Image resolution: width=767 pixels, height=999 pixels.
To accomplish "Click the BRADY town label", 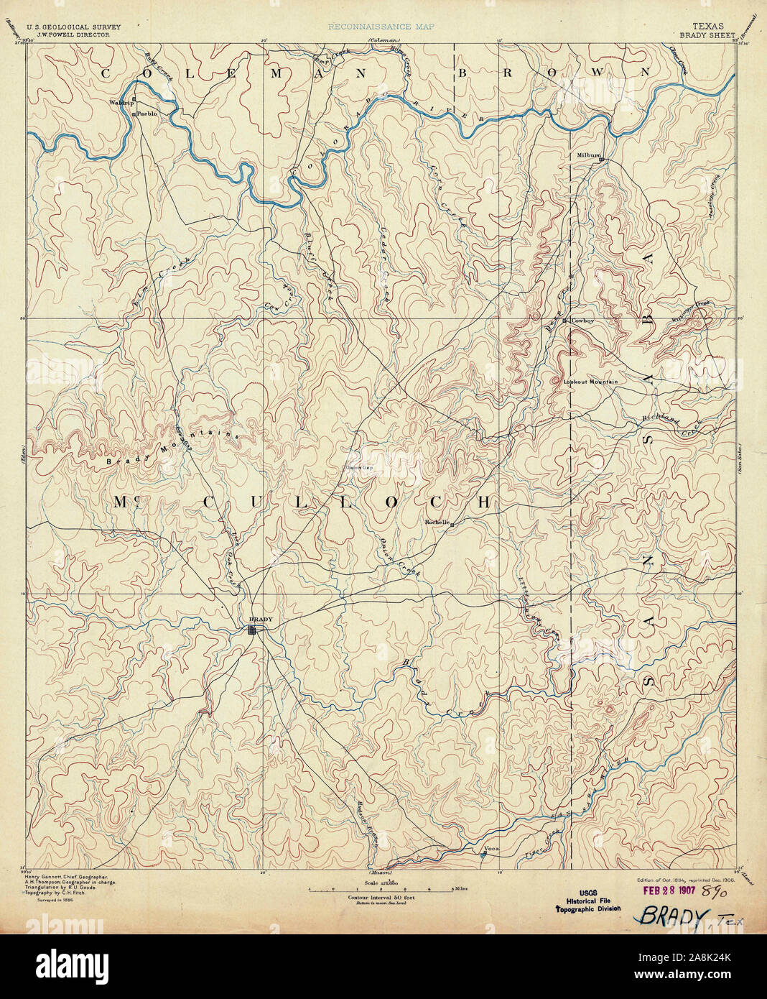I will (256, 620).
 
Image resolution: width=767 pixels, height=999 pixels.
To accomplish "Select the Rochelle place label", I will (436, 522).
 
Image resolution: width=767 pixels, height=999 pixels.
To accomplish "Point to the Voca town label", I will (491, 849).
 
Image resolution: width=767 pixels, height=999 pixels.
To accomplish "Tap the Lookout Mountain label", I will (590, 382).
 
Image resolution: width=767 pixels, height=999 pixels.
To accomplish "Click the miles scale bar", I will (381, 889).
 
